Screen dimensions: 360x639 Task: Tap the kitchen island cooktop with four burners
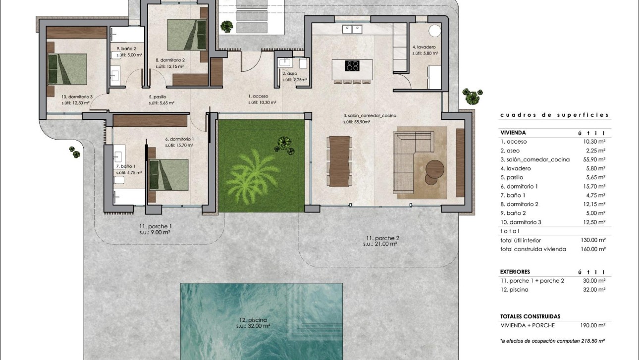[352, 66]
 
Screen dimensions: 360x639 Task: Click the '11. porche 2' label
[380, 238]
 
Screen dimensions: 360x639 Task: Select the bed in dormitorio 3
[66, 69]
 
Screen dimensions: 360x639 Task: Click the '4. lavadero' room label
[424, 47]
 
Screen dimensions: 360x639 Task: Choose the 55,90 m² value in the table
[594, 159]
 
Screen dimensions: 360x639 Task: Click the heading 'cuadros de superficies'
[554, 115]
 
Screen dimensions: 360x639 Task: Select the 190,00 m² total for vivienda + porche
[594, 325]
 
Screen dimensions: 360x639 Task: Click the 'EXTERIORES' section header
[515, 272]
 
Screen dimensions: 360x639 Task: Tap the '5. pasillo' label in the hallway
[158, 97]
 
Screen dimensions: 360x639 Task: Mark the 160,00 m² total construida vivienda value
[594, 249]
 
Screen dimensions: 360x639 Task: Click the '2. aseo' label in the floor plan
[291, 73]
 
